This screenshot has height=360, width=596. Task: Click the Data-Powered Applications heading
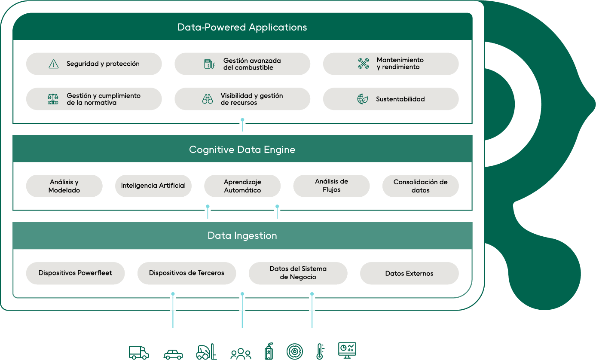pos(242,27)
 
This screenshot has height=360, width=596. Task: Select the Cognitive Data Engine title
pos(242,150)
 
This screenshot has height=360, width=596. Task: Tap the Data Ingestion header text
pos(242,236)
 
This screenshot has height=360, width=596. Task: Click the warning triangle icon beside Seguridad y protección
pos(54,64)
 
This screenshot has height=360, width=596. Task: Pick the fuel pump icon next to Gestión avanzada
pos(209,64)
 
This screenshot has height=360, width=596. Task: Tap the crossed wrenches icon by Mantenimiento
pos(364,64)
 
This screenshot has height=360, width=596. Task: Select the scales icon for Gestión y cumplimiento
pos(53,99)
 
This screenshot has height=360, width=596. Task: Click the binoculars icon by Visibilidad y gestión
pos(208,99)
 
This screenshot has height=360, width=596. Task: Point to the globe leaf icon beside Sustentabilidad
pos(362,99)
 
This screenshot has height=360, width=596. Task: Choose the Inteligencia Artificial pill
pos(153,186)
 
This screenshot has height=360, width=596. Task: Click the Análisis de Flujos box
pos(332,186)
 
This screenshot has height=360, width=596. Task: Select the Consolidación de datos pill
pos(420,186)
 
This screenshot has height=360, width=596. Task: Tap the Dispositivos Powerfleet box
pos(75,273)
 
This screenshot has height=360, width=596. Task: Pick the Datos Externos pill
pos(409,273)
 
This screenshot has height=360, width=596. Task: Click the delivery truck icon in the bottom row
pos(139,353)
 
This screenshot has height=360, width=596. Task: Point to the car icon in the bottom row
pos(173,354)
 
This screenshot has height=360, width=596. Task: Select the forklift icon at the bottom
pos(206,351)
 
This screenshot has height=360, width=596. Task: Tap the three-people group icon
pos(241,354)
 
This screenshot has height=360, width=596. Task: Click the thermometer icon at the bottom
pos(320,351)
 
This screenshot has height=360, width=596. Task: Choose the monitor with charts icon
pos(347,351)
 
